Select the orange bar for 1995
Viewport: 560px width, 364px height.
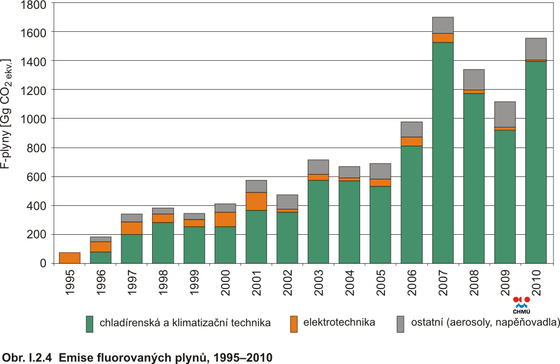coord(70,258)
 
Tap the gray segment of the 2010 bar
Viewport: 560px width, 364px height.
coord(536,49)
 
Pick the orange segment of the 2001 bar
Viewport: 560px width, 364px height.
coord(256,201)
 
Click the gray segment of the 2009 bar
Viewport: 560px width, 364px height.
coord(505,114)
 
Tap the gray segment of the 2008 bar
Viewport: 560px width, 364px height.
coord(474,80)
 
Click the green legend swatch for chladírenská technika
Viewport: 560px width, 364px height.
coord(90,324)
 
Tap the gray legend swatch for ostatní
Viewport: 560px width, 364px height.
coord(401,324)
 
